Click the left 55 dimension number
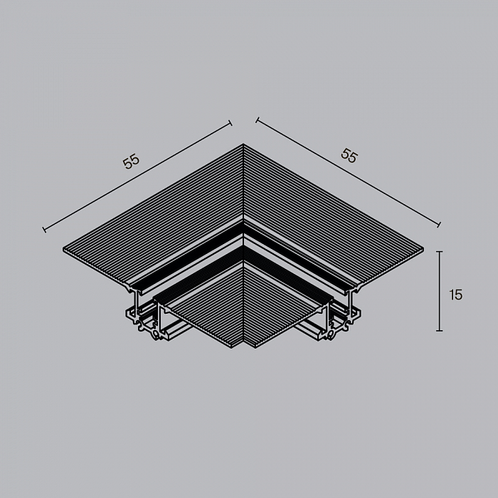tap(131, 161)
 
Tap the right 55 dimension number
tap(349, 156)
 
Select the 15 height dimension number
tap(456, 295)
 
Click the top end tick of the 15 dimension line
tap(439, 252)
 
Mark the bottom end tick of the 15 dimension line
tap(439, 331)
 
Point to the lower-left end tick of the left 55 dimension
tap(44, 229)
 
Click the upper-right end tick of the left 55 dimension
tap(231, 123)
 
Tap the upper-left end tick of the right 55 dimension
tap(258, 120)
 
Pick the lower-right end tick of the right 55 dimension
tap(439, 225)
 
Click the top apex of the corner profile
tap(243, 144)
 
